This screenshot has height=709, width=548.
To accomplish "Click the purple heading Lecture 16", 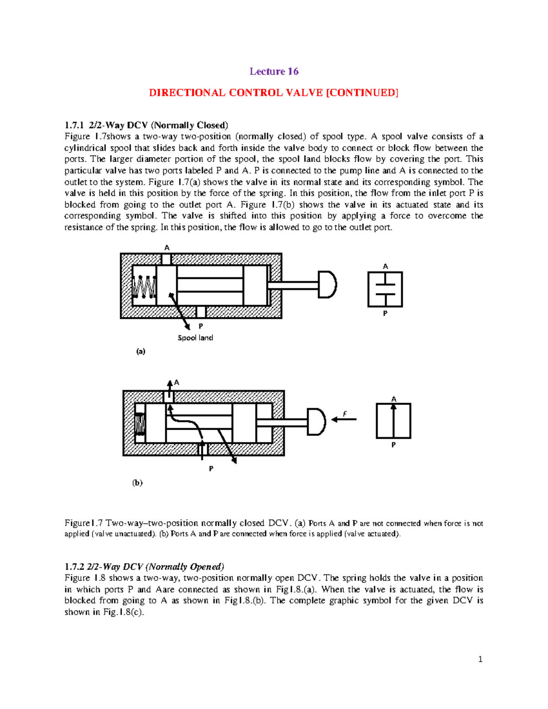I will point(274,71).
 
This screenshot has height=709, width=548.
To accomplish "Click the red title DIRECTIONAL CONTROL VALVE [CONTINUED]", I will point(274,93).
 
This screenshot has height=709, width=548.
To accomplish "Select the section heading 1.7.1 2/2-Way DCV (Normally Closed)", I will point(146,125).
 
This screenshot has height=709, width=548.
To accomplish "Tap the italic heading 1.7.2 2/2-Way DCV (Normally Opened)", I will point(144,567).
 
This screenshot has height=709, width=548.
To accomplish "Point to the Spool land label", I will point(195,338).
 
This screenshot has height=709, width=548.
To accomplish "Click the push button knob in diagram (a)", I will point(327,284).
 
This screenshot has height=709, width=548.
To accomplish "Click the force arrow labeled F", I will point(343,419).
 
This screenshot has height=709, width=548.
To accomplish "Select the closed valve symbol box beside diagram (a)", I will point(385,289).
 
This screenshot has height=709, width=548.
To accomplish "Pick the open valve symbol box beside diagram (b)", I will point(393,421).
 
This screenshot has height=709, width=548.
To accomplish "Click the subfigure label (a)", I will point(141,351).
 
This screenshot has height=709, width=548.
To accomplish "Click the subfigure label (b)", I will point(137,483).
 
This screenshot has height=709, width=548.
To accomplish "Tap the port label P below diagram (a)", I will point(201,326).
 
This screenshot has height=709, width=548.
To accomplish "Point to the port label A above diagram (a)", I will point(167,247).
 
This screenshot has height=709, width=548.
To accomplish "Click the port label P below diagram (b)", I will point(211,468).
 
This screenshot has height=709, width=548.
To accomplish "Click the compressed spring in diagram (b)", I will point(140,424).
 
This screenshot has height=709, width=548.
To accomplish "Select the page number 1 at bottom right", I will point(480,659).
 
